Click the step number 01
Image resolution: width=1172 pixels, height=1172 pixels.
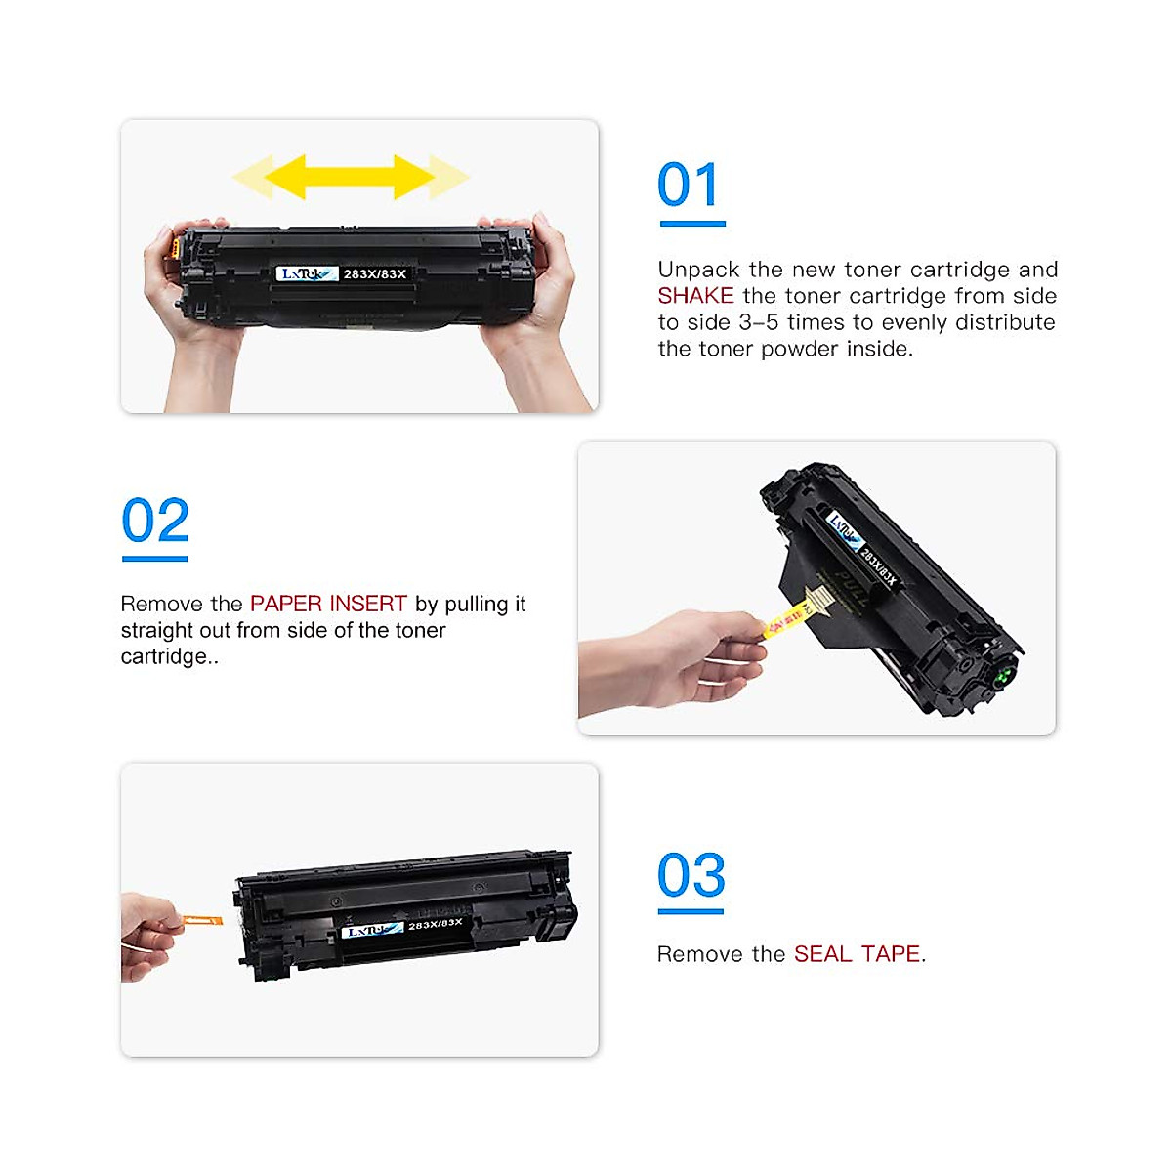click(x=690, y=186)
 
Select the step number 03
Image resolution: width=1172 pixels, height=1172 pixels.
click(x=691, y=875)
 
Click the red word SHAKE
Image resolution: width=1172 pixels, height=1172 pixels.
click(x=695, y=296)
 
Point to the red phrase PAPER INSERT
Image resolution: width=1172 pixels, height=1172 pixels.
click(x=328, y=604)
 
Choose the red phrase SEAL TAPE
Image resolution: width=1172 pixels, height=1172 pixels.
click(x=857, y=954)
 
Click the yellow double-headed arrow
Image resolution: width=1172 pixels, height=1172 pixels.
click(x=350, y=177)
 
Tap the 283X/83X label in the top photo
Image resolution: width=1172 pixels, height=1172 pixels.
click(x=375, y=274)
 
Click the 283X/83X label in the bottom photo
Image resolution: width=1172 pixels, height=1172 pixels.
click(x=436, y=924)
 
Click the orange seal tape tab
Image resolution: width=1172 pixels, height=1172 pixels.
click(x=202, y=920)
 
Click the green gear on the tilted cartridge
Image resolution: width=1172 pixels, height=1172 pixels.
click(x=1002, y=675)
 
